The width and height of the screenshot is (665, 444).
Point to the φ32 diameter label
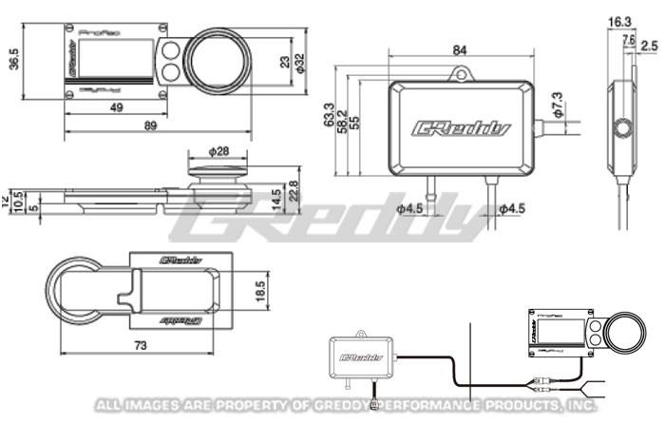[300, 64]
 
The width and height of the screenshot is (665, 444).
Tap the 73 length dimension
[140, 346]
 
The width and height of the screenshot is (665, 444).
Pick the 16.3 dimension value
[619, 21]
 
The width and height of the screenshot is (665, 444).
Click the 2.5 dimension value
[649, 45]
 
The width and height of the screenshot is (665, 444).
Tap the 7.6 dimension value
[628, 39]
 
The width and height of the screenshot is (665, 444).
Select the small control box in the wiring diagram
[360, 355]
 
